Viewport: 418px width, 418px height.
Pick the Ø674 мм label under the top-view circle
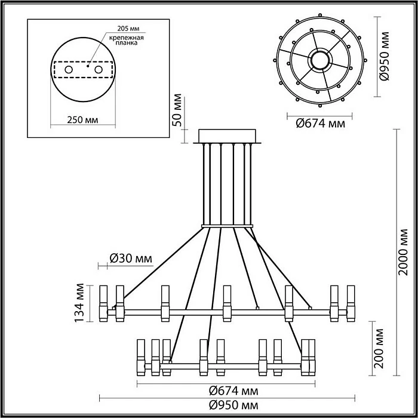click(320, 124)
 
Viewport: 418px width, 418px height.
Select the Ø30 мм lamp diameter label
click(131, 259)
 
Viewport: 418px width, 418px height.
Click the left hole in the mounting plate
click(68, 70)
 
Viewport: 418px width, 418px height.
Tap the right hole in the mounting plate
click(108, 70)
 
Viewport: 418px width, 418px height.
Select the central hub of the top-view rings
click(320, 60)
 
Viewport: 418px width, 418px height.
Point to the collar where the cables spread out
click(227, 226)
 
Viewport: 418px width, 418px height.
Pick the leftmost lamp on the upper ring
click(103, 303)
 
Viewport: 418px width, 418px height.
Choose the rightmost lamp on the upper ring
click(350, 303)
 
